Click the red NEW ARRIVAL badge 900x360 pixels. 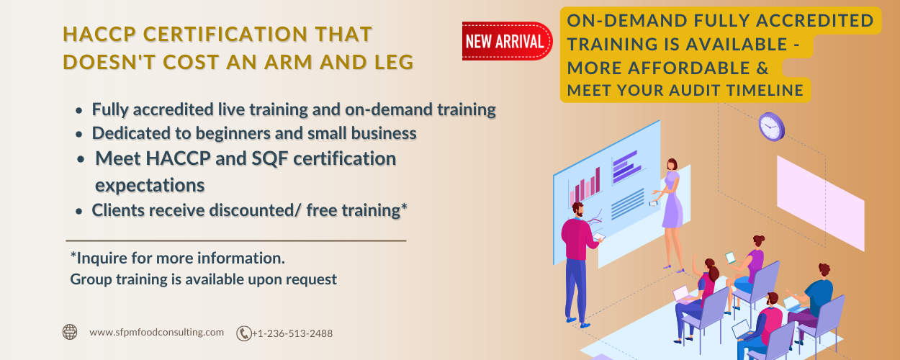[505, 41]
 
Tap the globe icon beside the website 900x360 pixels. [70, 332]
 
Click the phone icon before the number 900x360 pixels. [244, 333]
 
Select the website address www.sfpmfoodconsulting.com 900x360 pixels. [157, 332]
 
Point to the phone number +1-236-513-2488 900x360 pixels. [292, 333]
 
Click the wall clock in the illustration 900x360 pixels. [771, 127]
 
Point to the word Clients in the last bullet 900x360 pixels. [118, 210]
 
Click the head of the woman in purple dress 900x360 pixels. [672, 165]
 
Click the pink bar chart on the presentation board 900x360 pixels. [585, 188]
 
